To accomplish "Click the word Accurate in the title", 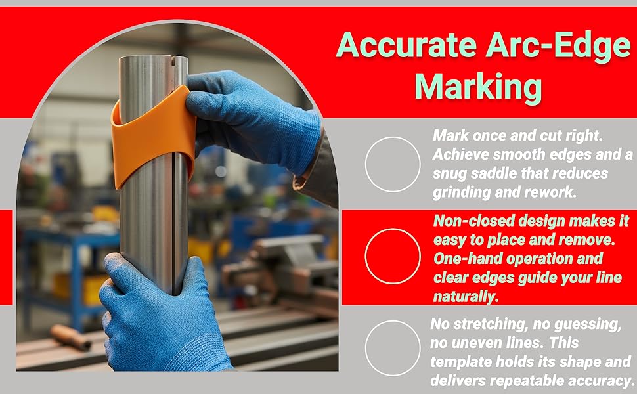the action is coord(406,45).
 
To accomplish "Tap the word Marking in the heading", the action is coord(478,87).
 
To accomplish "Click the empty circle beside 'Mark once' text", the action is coord(393,164).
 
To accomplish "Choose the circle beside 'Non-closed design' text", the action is coord(393,256).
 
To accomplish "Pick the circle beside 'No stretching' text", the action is coord(393,348).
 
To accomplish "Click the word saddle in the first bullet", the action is coord(492,173).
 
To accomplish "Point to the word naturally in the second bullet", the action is coord(466,297).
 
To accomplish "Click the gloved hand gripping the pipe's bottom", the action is coord(158,317).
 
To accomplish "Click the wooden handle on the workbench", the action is coord(71,337).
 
